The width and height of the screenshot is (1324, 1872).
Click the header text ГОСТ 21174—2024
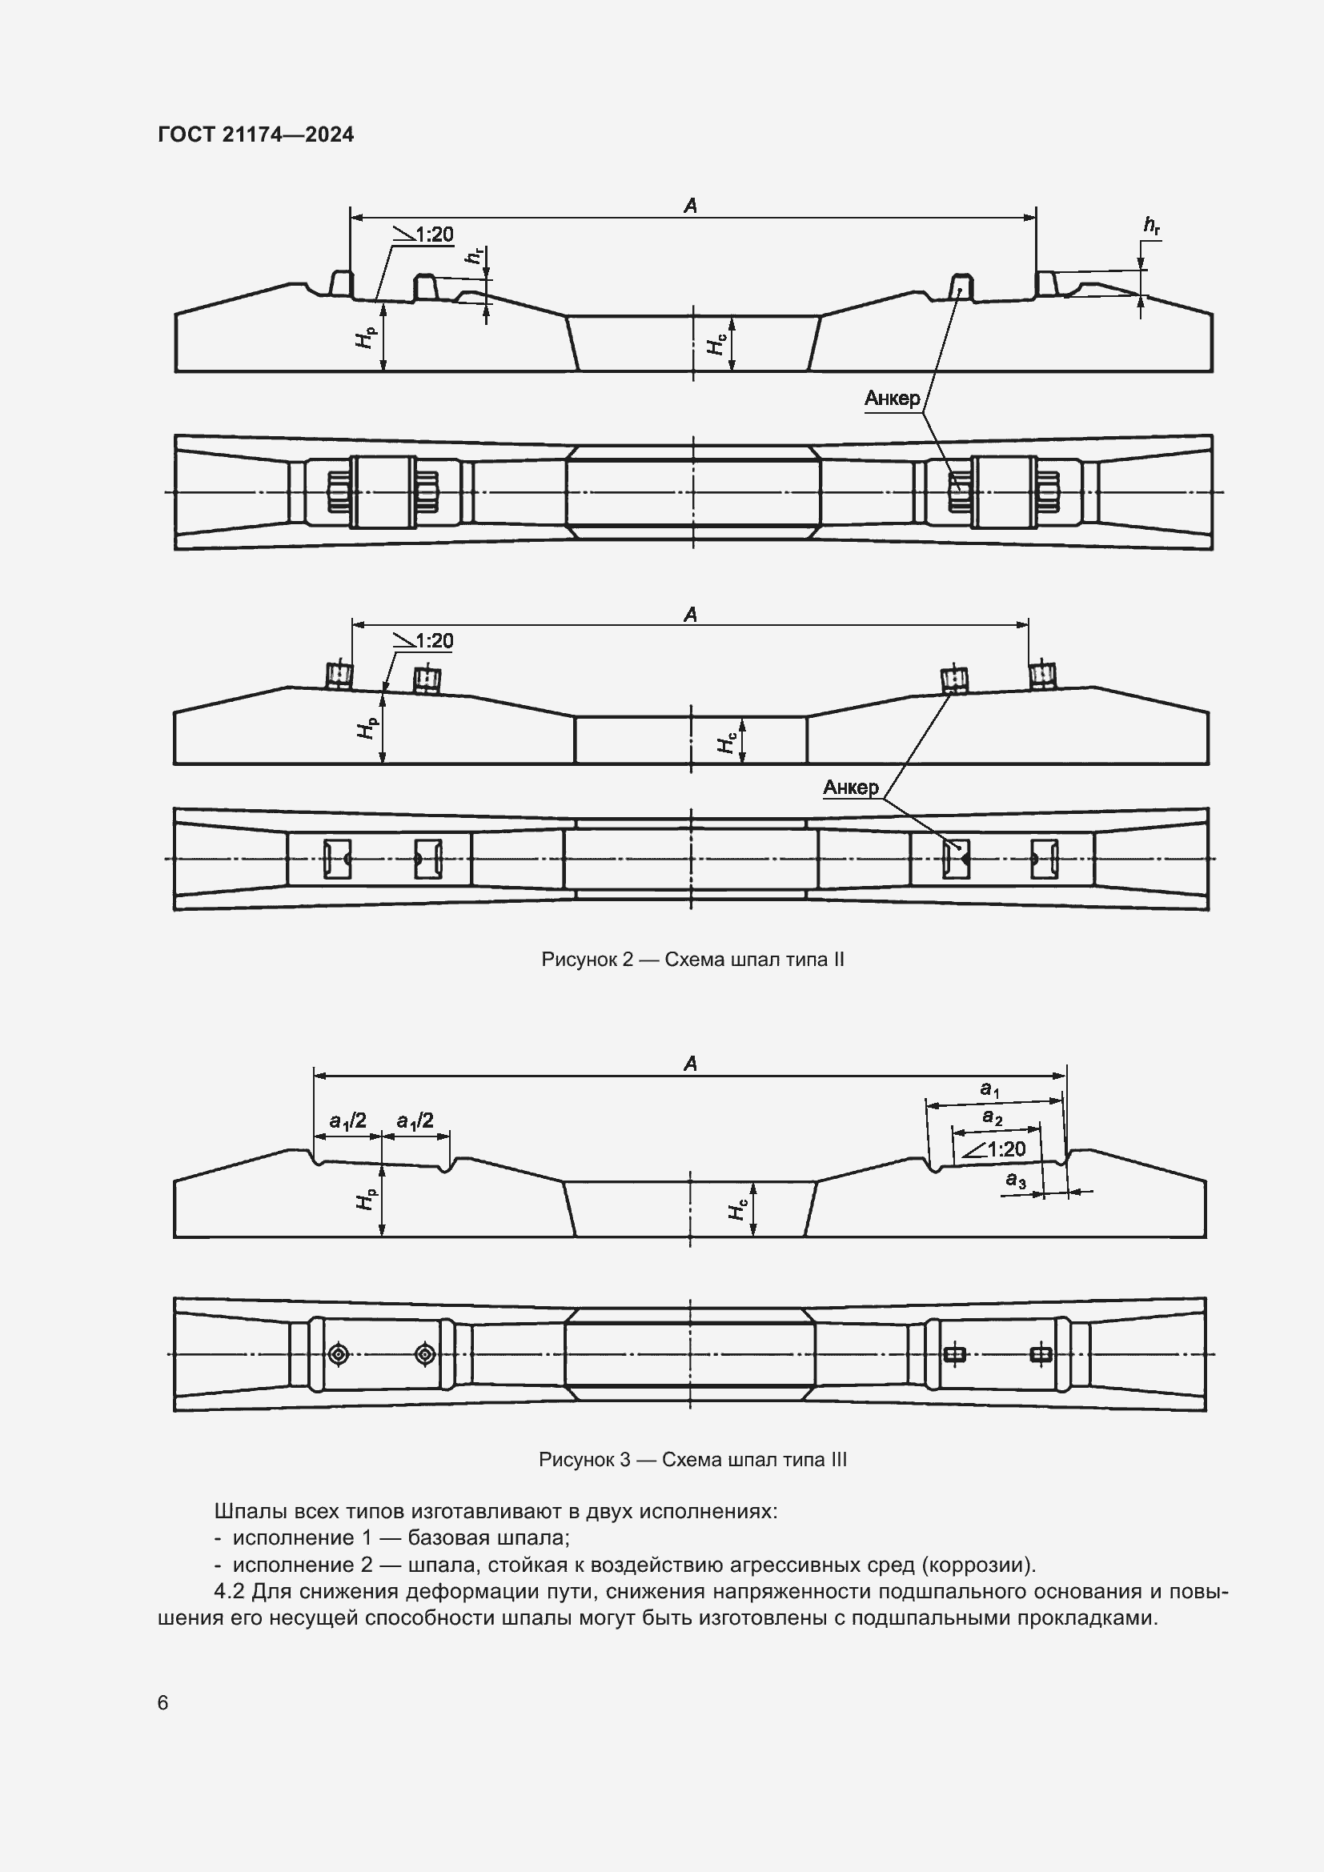click(256, 134)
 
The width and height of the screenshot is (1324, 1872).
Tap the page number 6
click(163, 1702)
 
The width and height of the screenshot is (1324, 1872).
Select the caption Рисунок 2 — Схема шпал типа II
click(692, 960)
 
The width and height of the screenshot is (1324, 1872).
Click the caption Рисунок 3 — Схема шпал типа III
click(692, 1459)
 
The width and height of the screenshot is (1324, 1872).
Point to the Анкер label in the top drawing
click(892, 399)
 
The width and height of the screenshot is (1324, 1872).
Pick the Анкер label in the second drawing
click(850, 788)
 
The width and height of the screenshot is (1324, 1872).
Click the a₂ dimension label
click(992, 1117)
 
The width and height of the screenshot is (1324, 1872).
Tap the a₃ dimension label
click(1015, 1180)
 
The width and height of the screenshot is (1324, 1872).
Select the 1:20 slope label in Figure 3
click(1005, 1148)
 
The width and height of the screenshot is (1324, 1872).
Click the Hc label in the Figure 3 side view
click(738, 1211)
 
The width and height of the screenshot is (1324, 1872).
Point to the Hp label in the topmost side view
click(366, 335)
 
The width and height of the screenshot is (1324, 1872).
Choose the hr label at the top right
click(1151, 226)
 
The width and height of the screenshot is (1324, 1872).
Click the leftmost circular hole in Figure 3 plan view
click(338, 1354)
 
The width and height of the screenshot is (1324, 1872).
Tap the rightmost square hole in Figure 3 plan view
click(1041, 1354)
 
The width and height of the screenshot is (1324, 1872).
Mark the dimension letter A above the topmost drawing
click(691, 206)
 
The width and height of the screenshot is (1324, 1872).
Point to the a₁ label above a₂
click(989, 1088)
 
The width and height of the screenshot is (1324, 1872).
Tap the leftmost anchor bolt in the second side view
click(339, 676)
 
